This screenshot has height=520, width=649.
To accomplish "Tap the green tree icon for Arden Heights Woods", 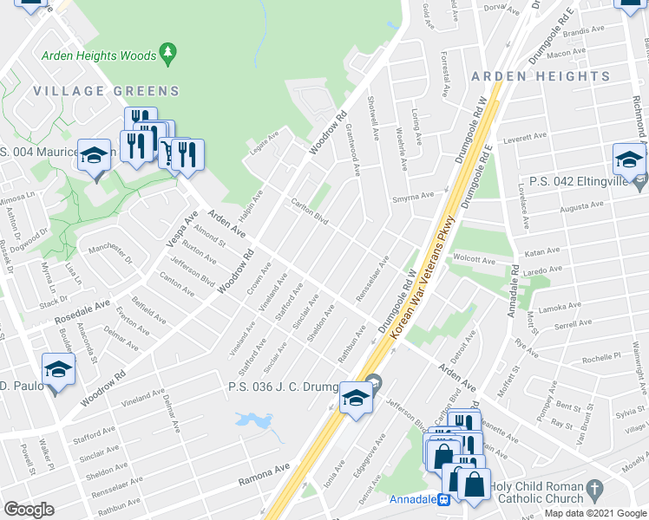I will [168, 54].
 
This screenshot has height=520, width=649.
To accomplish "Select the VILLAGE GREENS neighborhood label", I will [106, 90].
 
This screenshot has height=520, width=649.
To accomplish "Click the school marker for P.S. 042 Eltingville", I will [629, 160].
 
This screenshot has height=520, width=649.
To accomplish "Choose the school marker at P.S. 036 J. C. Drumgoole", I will [355, 398].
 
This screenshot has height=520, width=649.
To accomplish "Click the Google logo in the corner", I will [29, 510].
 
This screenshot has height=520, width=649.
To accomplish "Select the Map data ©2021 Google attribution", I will [595, 513].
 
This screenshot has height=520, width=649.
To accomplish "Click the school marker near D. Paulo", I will [58, 369].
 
